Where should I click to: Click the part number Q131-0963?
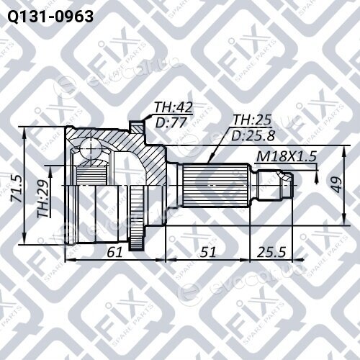coord(50,17)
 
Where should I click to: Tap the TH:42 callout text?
coord(174,107)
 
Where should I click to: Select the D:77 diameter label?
coord(171,122)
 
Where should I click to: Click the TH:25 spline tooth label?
coord(252,120)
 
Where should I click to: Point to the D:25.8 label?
coord(253,135)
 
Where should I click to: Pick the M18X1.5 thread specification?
coord(287,156)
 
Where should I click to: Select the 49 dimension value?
coord(337,185)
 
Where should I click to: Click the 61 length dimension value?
coord(114,252)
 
